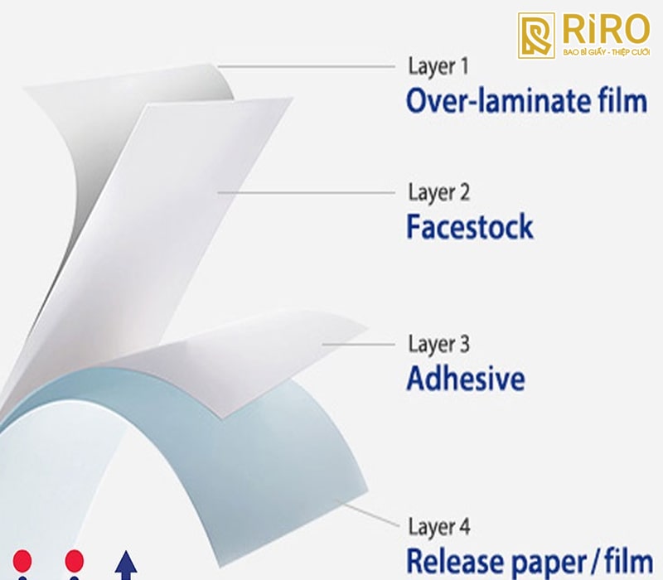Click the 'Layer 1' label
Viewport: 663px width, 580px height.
[438, 68]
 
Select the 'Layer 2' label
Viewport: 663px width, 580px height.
[439, 193]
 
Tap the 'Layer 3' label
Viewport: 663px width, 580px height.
[439, 345]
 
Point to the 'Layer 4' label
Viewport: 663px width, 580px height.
[439, 527]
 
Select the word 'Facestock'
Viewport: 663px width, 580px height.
[470, 226]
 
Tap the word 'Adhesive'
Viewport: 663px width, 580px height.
[466, 378]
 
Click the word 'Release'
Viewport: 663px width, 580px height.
[454, 561]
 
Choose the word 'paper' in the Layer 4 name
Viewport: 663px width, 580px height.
[550, 563]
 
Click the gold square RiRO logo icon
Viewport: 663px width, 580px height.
[536, 35]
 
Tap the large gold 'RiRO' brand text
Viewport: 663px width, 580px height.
[607, 29]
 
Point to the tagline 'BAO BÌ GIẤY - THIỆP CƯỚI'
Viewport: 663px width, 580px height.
[607, 52]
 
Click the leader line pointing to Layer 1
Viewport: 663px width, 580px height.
[306, 66]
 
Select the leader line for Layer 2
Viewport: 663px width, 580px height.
[306, 192]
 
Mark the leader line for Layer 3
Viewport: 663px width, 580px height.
[359, 344]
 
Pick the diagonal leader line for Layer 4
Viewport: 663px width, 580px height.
[368, 513]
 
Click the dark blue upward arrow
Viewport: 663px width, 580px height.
[126, 565]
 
